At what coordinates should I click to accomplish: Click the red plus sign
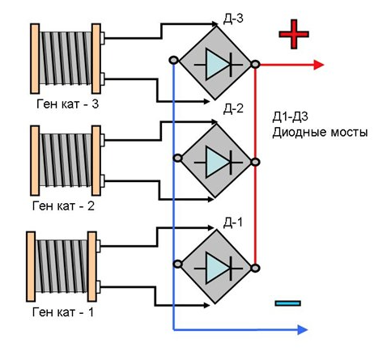pos(294,34)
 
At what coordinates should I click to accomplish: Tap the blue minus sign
pos(287,303)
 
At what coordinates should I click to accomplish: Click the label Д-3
pos(233,19)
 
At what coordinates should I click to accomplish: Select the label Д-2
pos(233,108)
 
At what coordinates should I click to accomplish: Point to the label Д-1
pos(233,222)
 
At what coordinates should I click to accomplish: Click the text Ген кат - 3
pos(68,104)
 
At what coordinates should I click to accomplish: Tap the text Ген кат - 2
pos(63,206)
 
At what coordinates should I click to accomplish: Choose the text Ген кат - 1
pos(63,312)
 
